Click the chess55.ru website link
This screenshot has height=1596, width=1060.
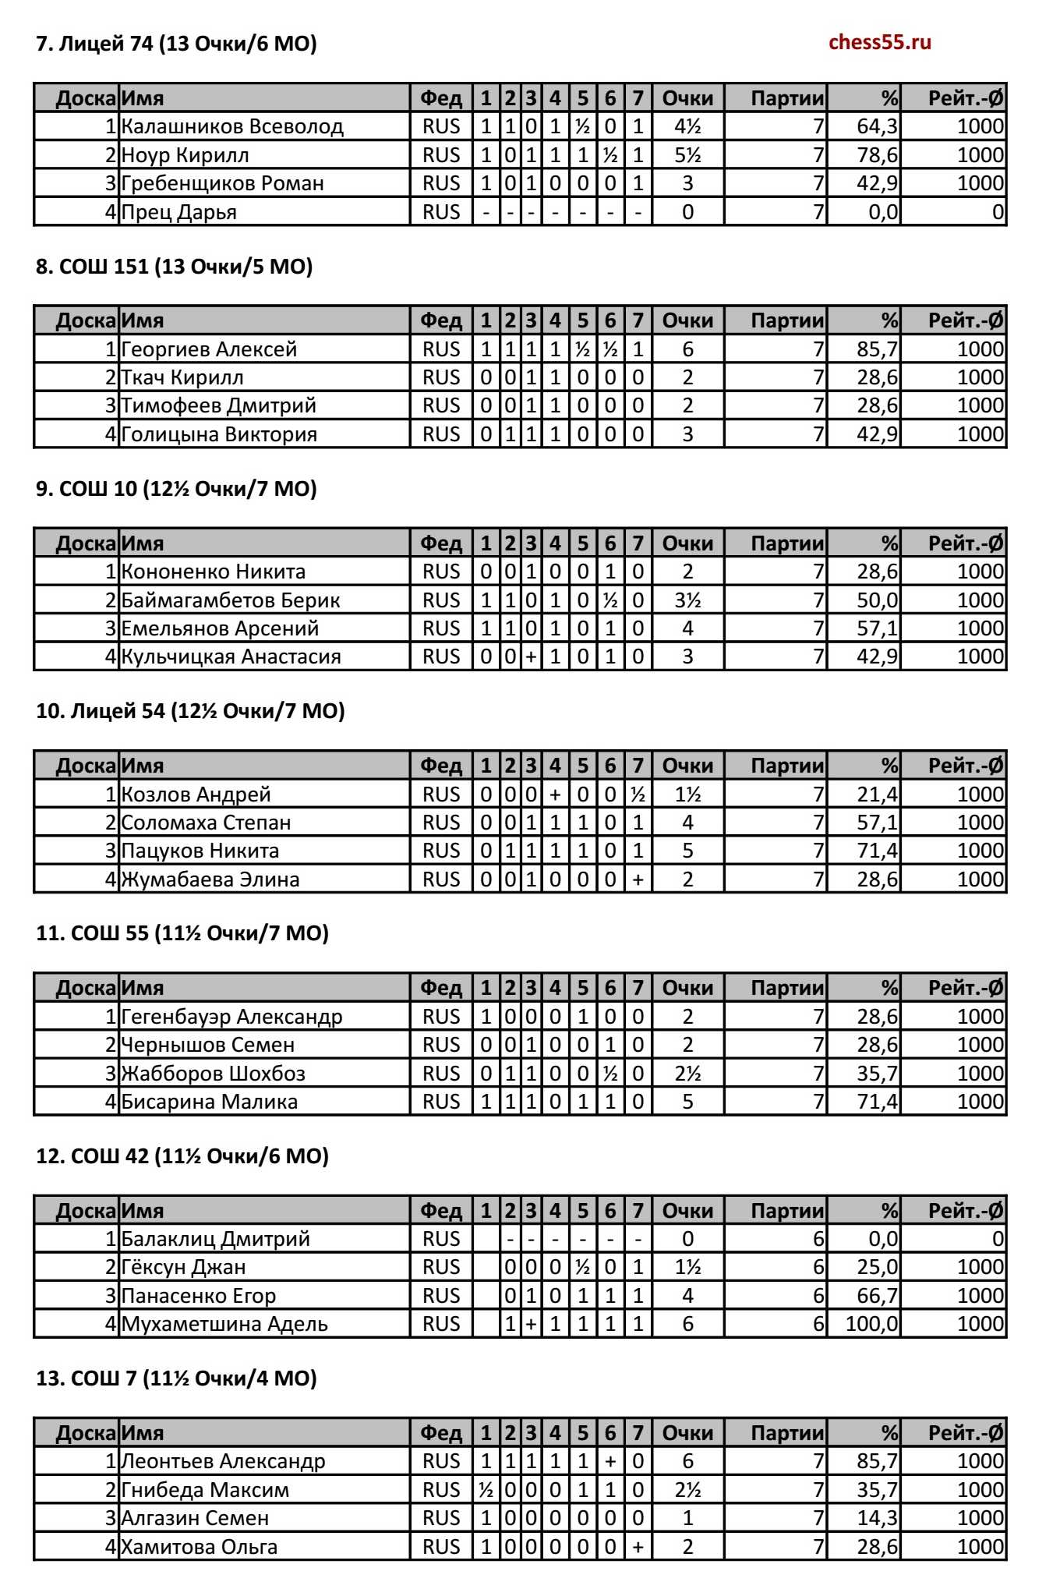(x=879, y=42)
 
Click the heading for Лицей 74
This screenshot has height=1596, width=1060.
(x=176, y=44)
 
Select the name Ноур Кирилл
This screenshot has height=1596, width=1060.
(x=185, y=155)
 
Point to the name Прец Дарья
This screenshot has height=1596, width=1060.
(x=179, y=212)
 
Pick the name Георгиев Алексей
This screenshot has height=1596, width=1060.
(x=210, y=349)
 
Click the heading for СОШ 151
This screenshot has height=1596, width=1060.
(x=174, y=267)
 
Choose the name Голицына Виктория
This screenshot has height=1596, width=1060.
(x=219, y=434)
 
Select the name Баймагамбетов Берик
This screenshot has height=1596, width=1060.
(x=231, y=600)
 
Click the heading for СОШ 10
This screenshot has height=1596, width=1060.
(x=176, y=489)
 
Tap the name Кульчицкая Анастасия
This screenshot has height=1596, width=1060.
(x=231, y=656)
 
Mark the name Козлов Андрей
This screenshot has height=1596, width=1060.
(x=196, y=794)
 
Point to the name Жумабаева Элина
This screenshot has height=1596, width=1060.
(x=210, y=879)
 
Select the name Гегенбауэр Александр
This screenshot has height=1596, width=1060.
(x=232, y=1017)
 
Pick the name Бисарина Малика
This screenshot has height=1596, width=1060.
(x=210, y=1102)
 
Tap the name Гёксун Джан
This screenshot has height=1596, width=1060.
(x=184, y=1267)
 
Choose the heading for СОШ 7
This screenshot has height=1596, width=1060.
(x=176, y=1378)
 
